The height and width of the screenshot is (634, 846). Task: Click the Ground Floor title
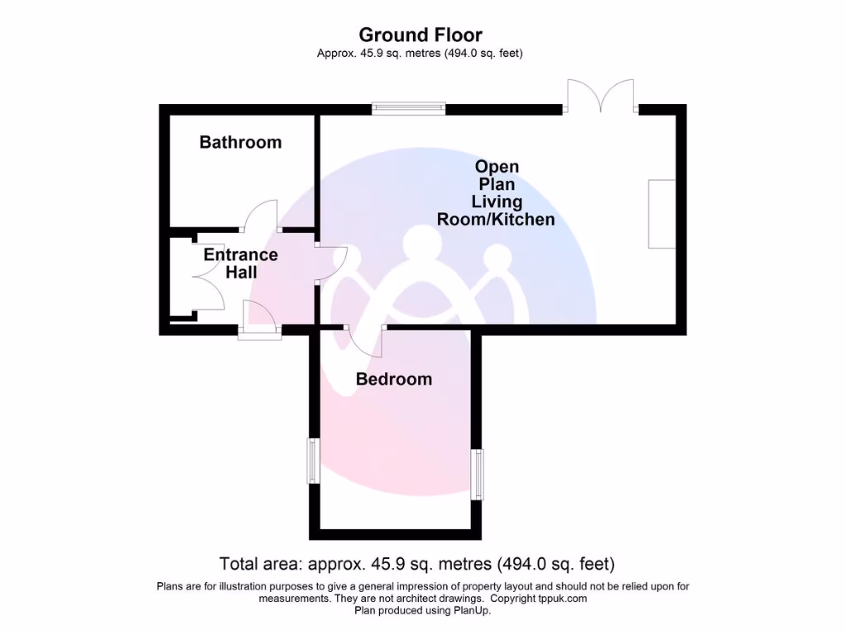[421, 35]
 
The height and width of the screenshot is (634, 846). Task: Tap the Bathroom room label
[240, 142]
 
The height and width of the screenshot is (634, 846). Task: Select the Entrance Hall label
[240, 263]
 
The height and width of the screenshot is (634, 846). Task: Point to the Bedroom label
[393, 379]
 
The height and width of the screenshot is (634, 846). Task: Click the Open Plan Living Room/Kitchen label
[496, 193]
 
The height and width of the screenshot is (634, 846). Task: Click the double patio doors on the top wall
[601, 97]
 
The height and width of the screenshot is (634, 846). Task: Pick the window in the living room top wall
[408, 107]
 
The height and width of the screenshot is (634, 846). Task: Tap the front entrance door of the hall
[259, 320]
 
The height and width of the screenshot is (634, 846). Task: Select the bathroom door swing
[260, 216]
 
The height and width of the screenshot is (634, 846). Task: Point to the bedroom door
[364, 340]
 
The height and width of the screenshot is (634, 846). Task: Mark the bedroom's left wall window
[313, 461]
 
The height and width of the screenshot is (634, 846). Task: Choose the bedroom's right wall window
[476, 474]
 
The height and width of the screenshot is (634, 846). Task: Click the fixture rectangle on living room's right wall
[662, 213]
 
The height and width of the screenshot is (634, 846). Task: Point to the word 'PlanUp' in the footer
[472, 611]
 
